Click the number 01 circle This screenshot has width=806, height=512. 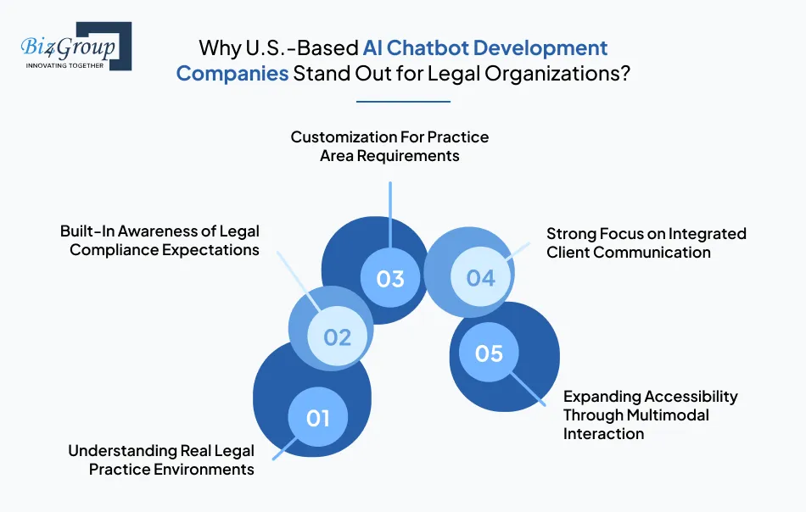point(317,418)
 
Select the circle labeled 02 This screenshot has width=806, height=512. point(337,337)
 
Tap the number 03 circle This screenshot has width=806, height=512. point(390,278)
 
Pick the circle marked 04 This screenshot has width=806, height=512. point(480,277)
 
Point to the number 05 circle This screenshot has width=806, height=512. point(490,353)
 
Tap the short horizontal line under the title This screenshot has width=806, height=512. point(403,102)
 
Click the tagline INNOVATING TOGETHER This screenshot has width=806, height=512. point(65,64)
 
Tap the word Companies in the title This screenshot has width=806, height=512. point(232,73)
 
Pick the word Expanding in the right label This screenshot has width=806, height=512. point(602,396)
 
